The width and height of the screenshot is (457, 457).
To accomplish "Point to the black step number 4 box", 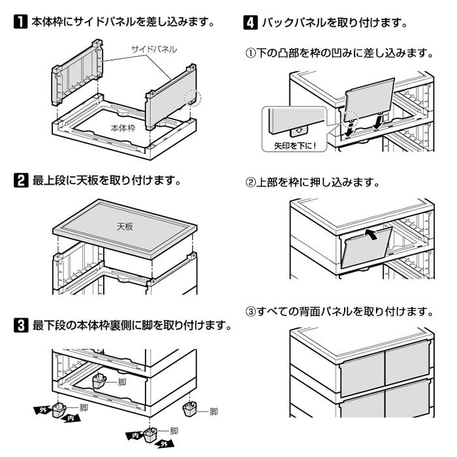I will click(250, 23).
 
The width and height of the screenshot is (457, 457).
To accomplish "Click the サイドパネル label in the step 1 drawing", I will click(153, 49).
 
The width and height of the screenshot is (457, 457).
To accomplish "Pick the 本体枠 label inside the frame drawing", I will click(123, 127).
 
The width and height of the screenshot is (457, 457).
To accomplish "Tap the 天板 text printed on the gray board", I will click(125, 226).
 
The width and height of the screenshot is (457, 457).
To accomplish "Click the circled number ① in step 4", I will click(250, 53).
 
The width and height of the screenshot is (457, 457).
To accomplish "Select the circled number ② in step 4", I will click(250, 181).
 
